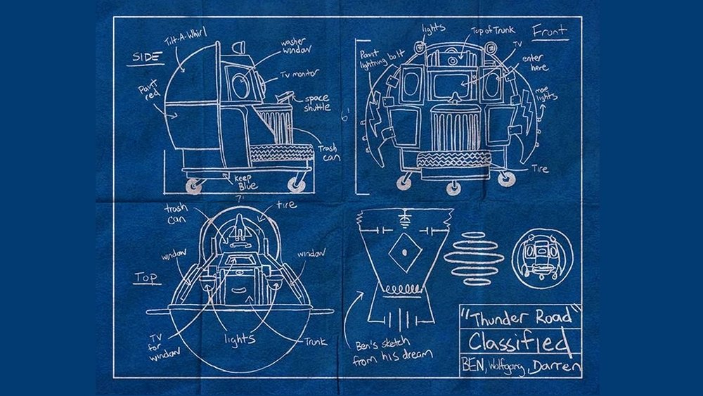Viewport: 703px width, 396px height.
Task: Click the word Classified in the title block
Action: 519,343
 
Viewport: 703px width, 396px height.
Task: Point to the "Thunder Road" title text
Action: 519,316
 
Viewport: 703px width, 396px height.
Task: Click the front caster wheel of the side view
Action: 297,185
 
